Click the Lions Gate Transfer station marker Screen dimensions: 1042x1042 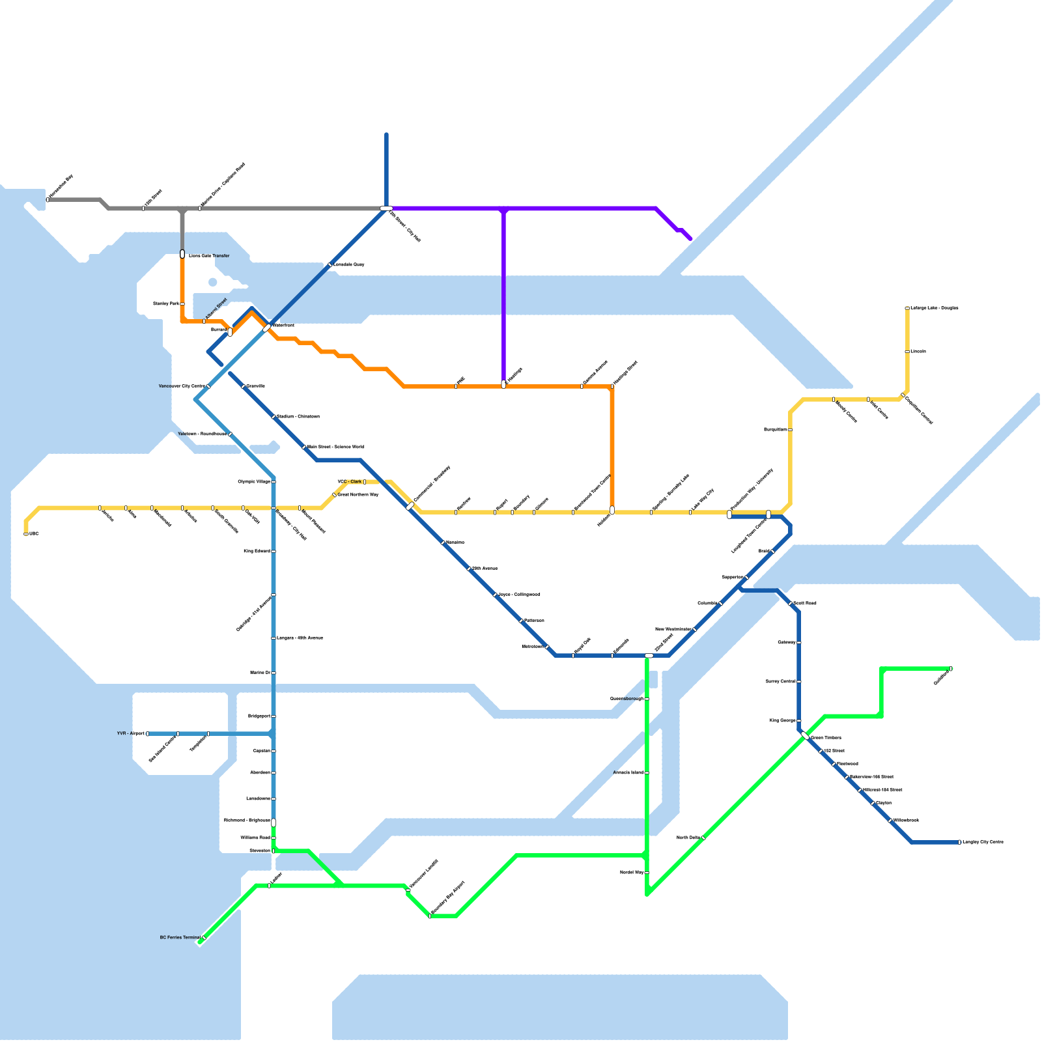tap(182, 254)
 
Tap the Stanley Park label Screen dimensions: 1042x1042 tap(165, 303)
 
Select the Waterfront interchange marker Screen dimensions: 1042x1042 tap(266, 328)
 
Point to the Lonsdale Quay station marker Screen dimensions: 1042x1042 tap(330, 265)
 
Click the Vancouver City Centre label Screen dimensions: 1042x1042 tap(182, 386)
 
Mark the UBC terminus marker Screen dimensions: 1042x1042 tap(26, 534)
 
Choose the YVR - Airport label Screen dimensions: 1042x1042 tap(130, 733)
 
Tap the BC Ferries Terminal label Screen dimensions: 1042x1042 tap(180, 938)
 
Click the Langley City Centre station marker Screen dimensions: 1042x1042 tap(959, 842)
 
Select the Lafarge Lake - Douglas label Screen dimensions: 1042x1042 tap(934, 308)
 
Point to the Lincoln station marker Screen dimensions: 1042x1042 tap(907, 352)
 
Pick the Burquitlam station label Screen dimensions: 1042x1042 tap(775, 430)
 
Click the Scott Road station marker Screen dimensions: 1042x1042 tap(791, 604)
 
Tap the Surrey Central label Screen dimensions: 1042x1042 tap(780, 681)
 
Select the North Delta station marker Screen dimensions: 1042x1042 tap(703, 838)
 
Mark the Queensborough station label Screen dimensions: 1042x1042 tap(627, 699)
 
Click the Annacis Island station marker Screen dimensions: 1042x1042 tap(647, 772)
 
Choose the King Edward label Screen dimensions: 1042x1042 tap(257, 552)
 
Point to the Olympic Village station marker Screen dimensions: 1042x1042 tap(274, 482)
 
